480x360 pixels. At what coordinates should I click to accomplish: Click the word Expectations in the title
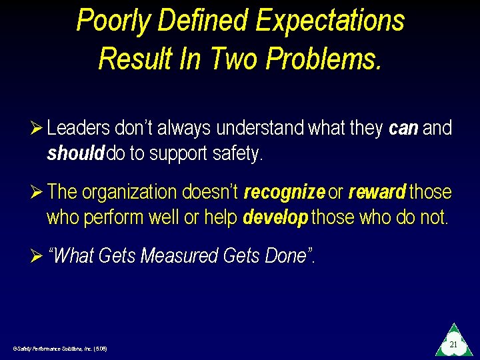point(330,20)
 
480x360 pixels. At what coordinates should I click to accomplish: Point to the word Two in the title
point(235,59)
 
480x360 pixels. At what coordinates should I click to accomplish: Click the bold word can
point(403,128)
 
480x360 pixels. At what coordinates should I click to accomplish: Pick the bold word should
point(75,154)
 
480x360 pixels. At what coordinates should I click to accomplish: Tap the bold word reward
point(377,193)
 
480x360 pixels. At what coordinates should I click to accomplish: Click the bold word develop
point(275,218)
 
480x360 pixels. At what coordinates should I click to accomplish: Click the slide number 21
point(453,345)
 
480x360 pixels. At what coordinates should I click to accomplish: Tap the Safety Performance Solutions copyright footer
point(59,349)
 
